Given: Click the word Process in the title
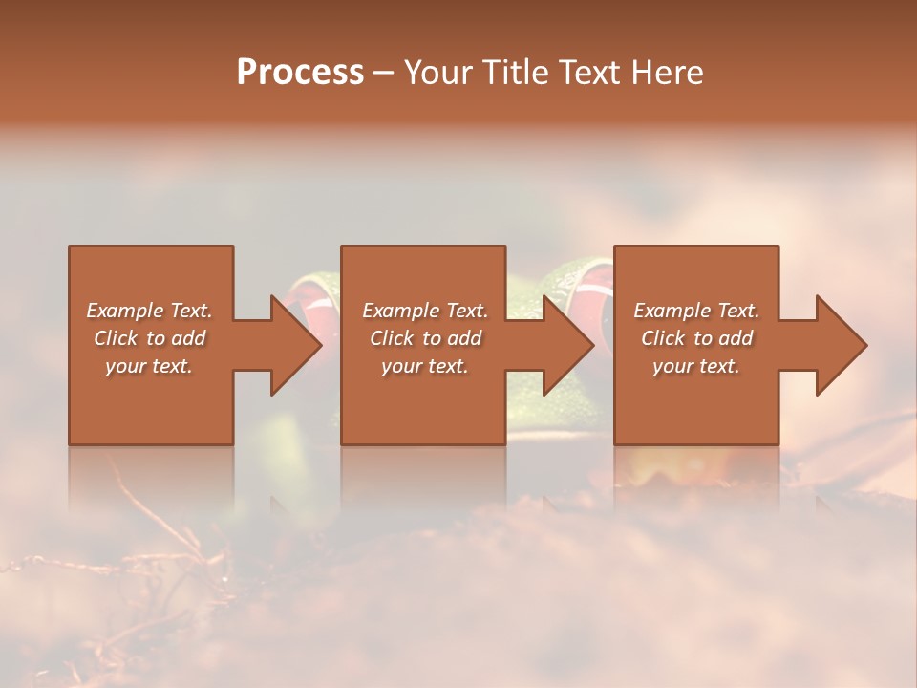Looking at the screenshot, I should point(300,73).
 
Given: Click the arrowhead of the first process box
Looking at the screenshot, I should point(294,345).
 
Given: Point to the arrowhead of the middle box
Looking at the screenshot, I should point(567,345).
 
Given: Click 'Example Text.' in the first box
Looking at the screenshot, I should point(149,311).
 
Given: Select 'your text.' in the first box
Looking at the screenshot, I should point(149,366).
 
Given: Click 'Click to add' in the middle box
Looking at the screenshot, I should point(425,338).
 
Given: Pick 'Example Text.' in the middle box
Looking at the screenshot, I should point(425,311).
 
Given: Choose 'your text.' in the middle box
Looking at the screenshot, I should point(425,366).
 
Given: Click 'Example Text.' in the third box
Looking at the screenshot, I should point(696,311).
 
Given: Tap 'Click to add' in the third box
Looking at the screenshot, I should point(696,338).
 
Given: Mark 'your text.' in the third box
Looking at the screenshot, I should point(696,366).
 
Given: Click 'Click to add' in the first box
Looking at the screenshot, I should point(149,338).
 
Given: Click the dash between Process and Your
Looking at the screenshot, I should point(383,74).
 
